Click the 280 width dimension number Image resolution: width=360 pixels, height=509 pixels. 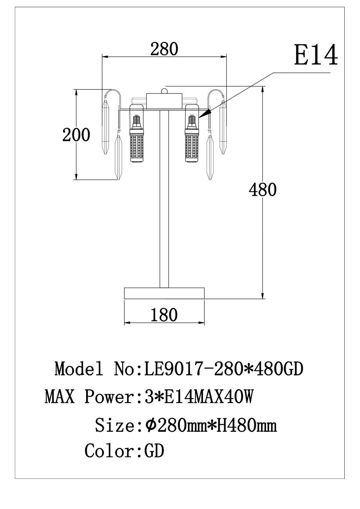164,49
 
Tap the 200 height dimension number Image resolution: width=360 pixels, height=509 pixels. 76,135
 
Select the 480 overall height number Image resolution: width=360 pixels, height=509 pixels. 262,190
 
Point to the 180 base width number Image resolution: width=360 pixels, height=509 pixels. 164,315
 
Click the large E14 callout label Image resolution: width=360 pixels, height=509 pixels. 316,55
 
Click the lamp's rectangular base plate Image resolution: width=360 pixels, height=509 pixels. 164,293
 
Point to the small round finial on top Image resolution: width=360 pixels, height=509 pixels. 164,91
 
